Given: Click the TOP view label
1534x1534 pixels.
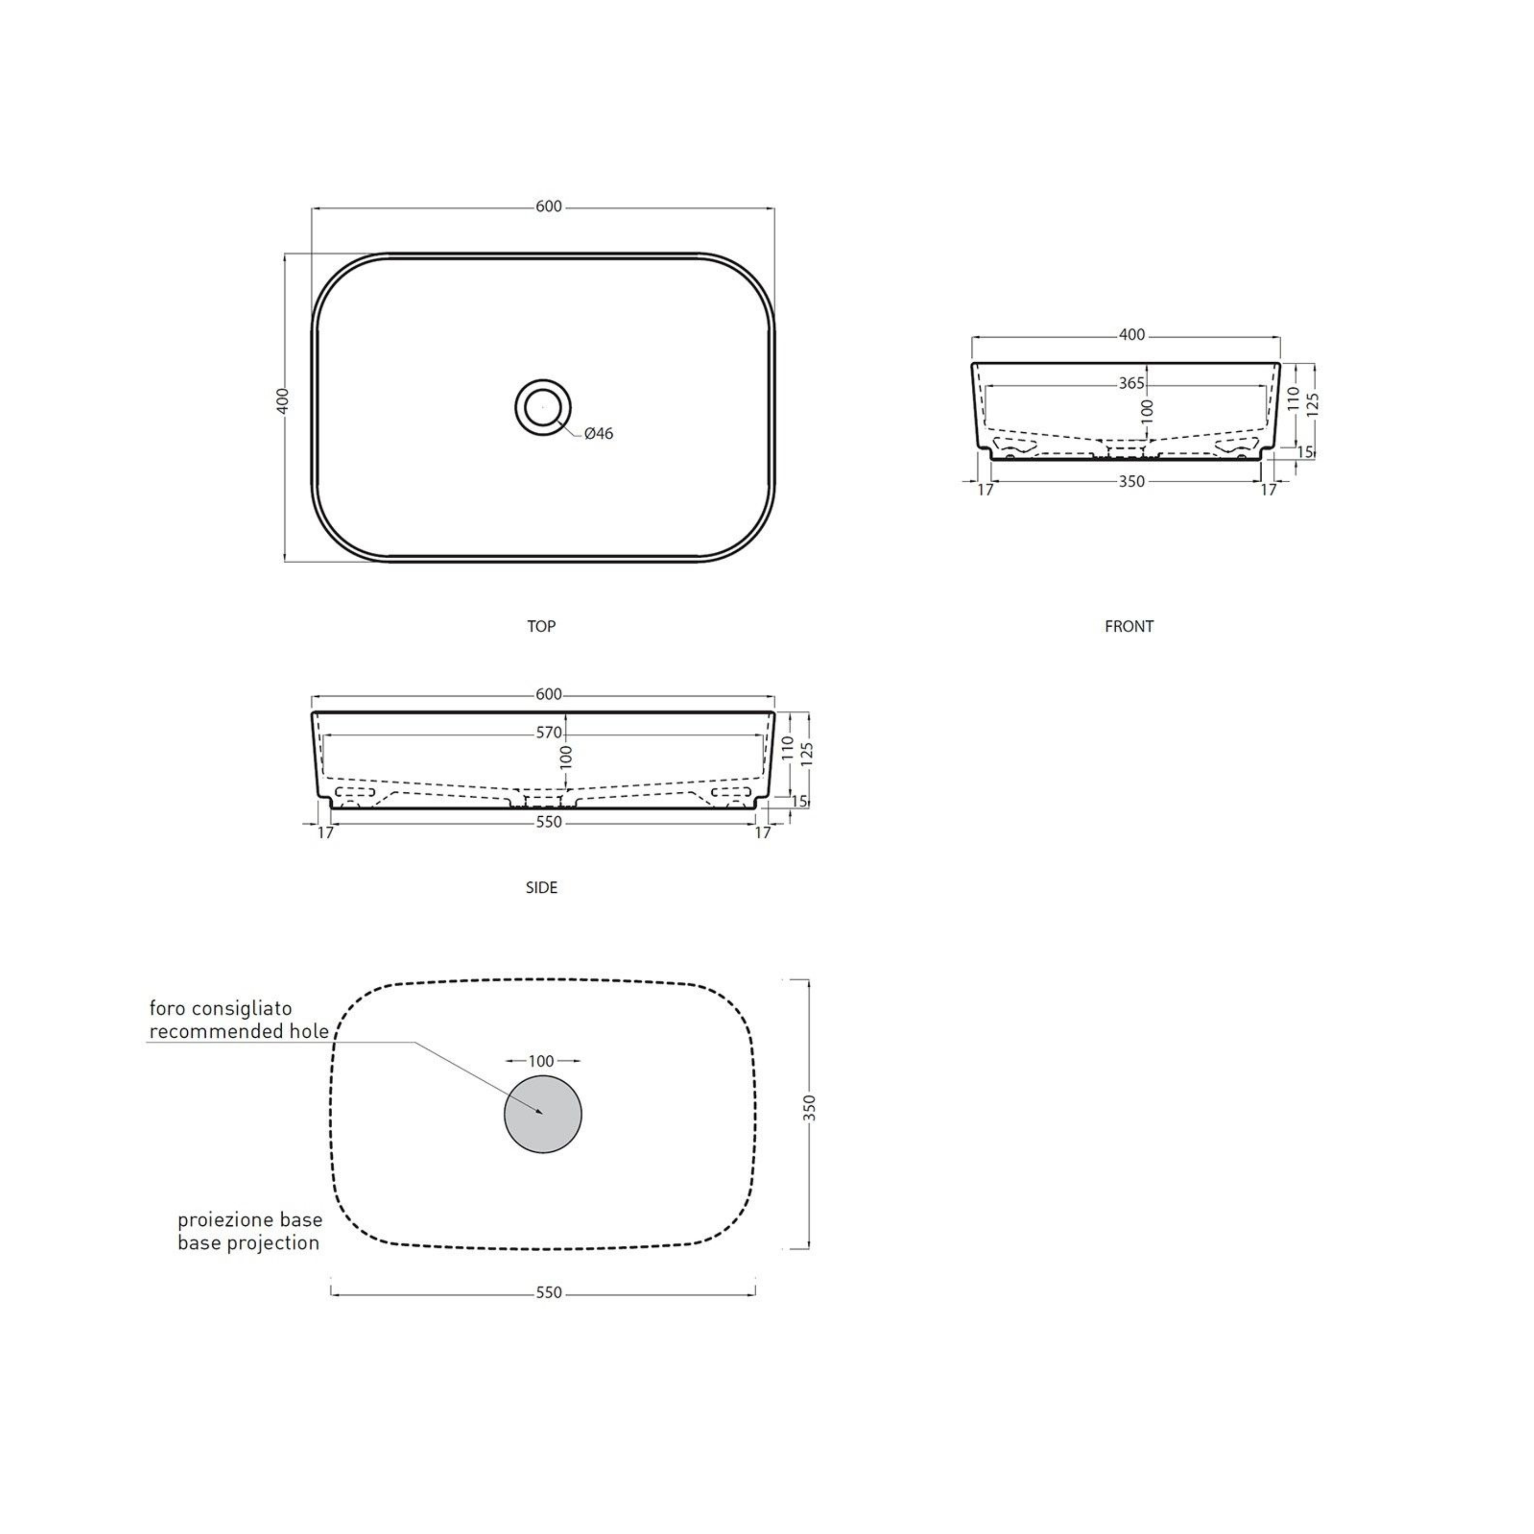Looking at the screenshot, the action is pyautogui.click(x=541, y=626).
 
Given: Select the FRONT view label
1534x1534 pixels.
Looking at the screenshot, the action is pyautogui.click(x=1129, y=626).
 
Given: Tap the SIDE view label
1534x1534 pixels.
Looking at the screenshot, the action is pyautogui.click(x=541, y=888).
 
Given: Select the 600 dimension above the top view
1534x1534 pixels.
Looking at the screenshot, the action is pyautogui.click(x=549, y=206).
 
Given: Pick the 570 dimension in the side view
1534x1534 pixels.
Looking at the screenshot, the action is pyautogui.click(x=549, y=733).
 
